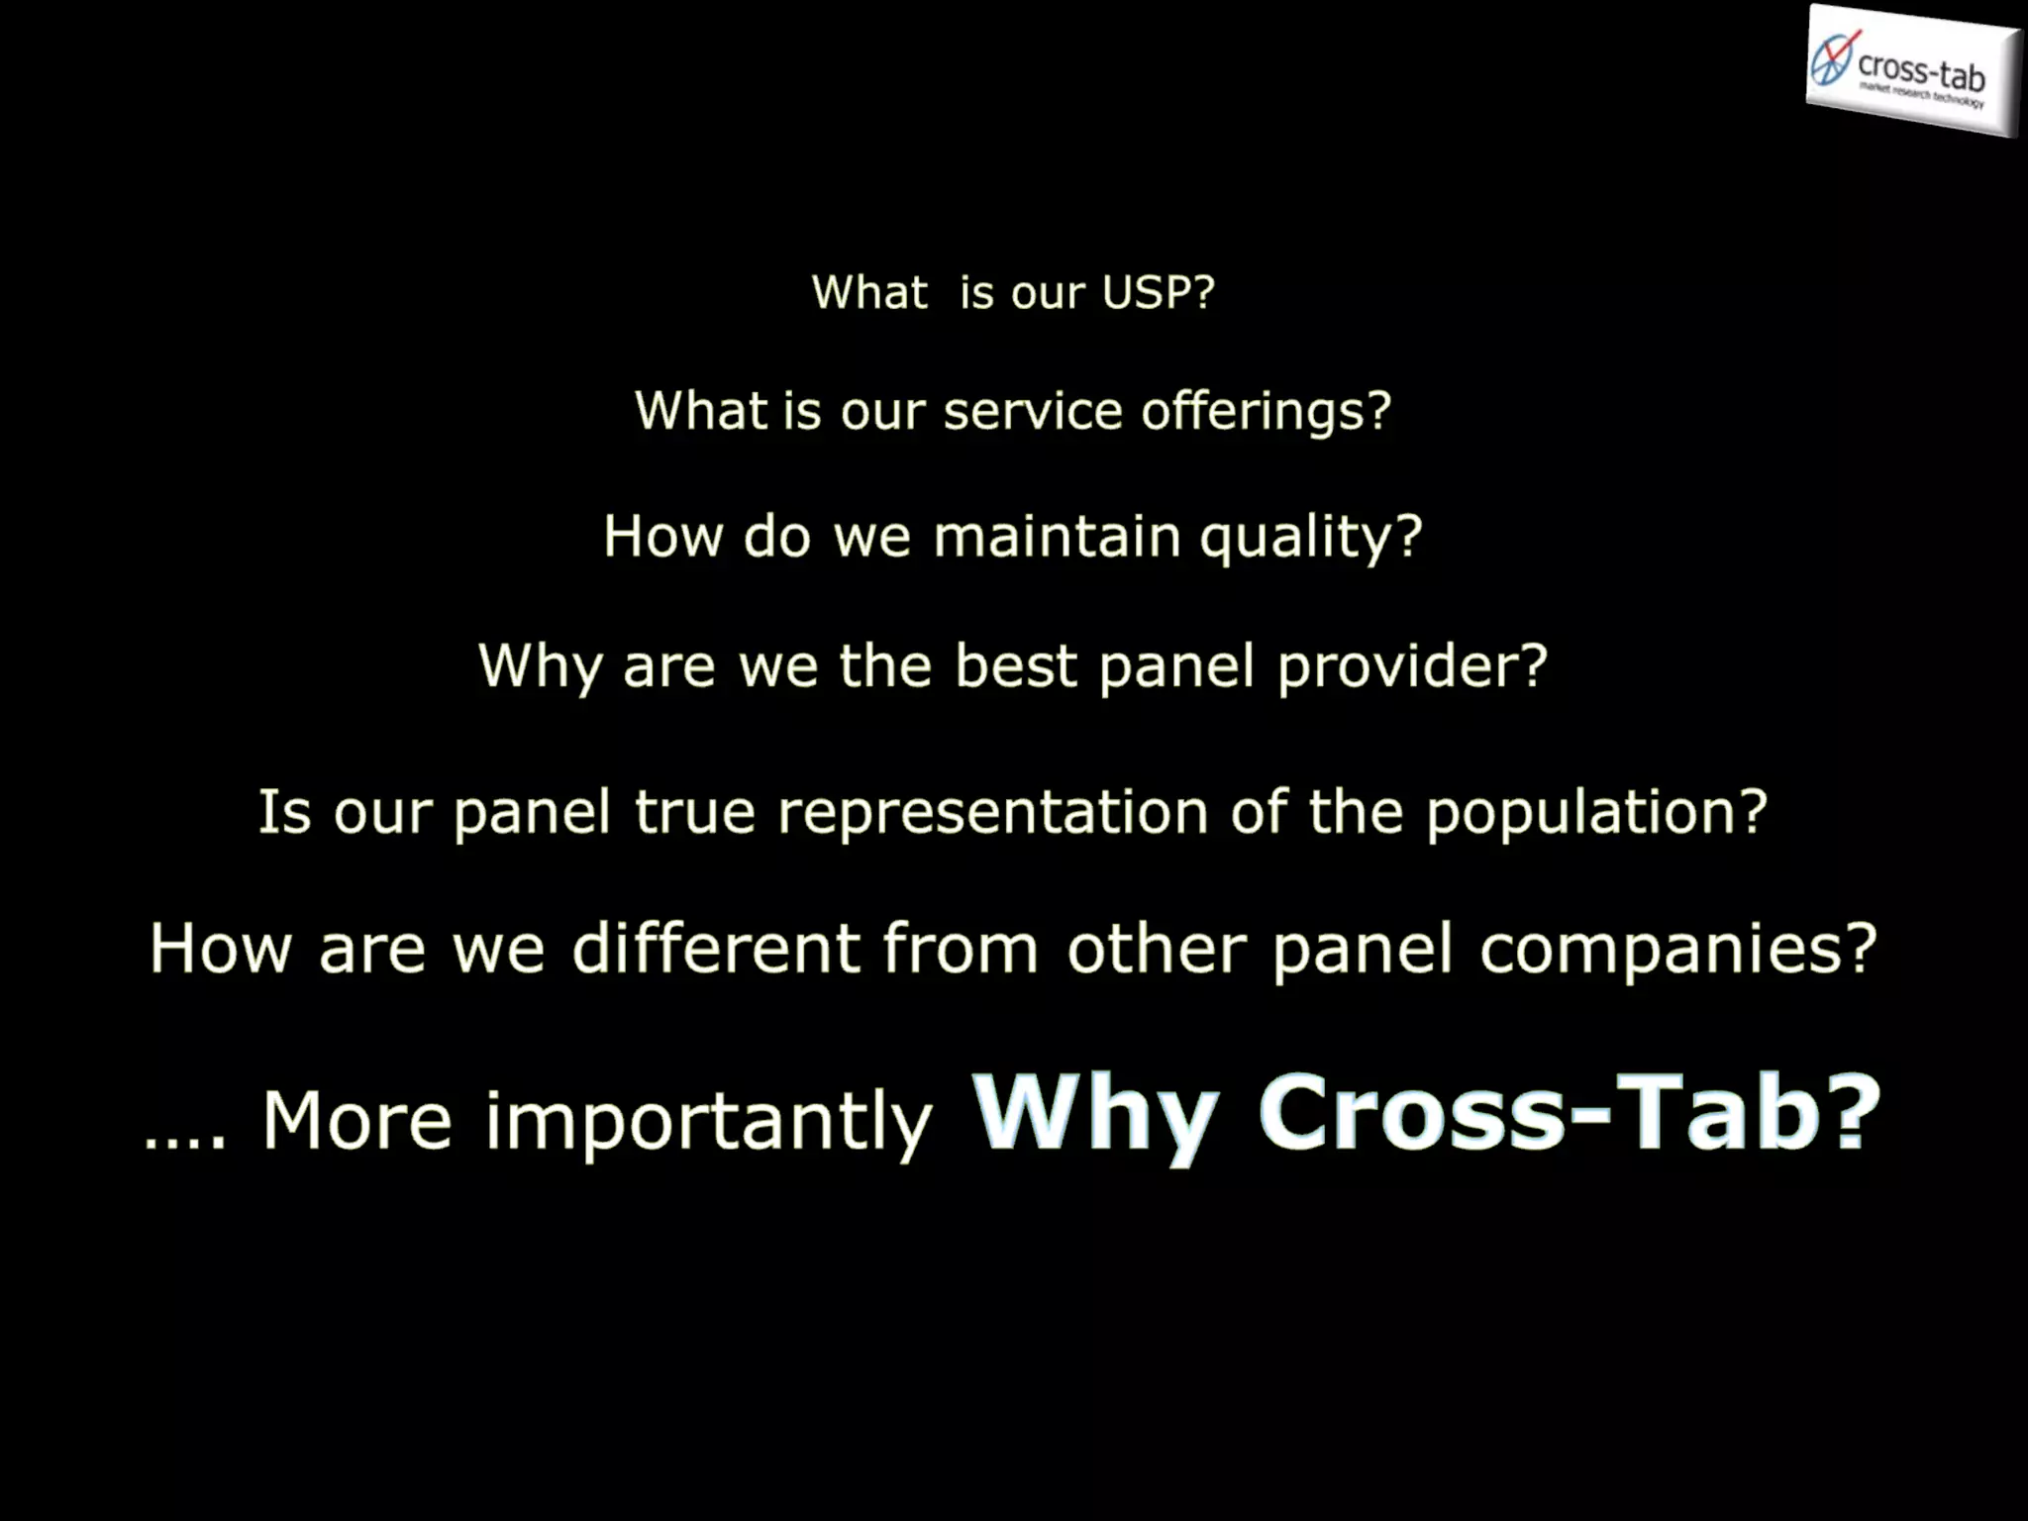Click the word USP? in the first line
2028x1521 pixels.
point(1158,293)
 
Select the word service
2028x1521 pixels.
point(1033,411)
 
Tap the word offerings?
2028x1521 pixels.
point(1267,413)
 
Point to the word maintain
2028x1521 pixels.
point(1057,537)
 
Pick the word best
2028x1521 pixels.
point(1015,665)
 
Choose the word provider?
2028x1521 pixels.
point(1412,667)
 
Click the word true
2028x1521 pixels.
point(694,812)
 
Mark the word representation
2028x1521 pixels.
point(992,814)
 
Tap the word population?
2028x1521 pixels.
point(1596,814)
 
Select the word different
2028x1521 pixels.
point(715,949)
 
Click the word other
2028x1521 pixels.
point(1157,949)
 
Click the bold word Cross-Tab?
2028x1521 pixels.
point(1570,1113)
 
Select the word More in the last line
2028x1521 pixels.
point(356,1121)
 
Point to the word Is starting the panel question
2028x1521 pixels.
point(284,812)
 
